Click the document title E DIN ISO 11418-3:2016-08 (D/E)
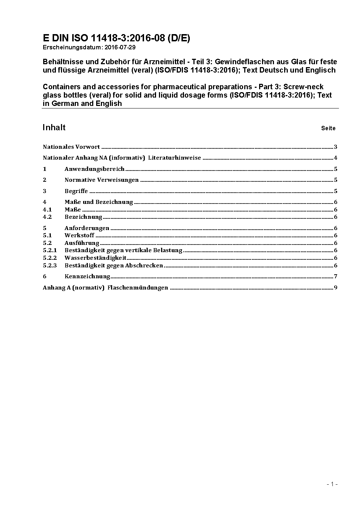coord(116,38)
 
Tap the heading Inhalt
coord(54,127)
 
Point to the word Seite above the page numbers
coord(328,128)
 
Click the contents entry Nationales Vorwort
coord(71,147)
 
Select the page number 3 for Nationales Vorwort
coord(336,147)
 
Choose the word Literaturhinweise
coord(174,158)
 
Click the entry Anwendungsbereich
coord(94,169)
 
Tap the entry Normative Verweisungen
coord(102,180)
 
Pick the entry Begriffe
coord(76,191)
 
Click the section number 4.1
coord(47,210)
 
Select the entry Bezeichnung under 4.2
coord(83,217)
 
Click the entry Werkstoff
coord(79,235)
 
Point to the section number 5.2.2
coord(50,258)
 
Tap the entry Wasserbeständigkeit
coord(95,258)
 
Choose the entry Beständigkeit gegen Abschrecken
coord(114,266)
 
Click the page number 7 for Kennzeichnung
coord(336,276)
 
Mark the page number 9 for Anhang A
coord(336,288)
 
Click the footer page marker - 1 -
coord(332,484)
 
